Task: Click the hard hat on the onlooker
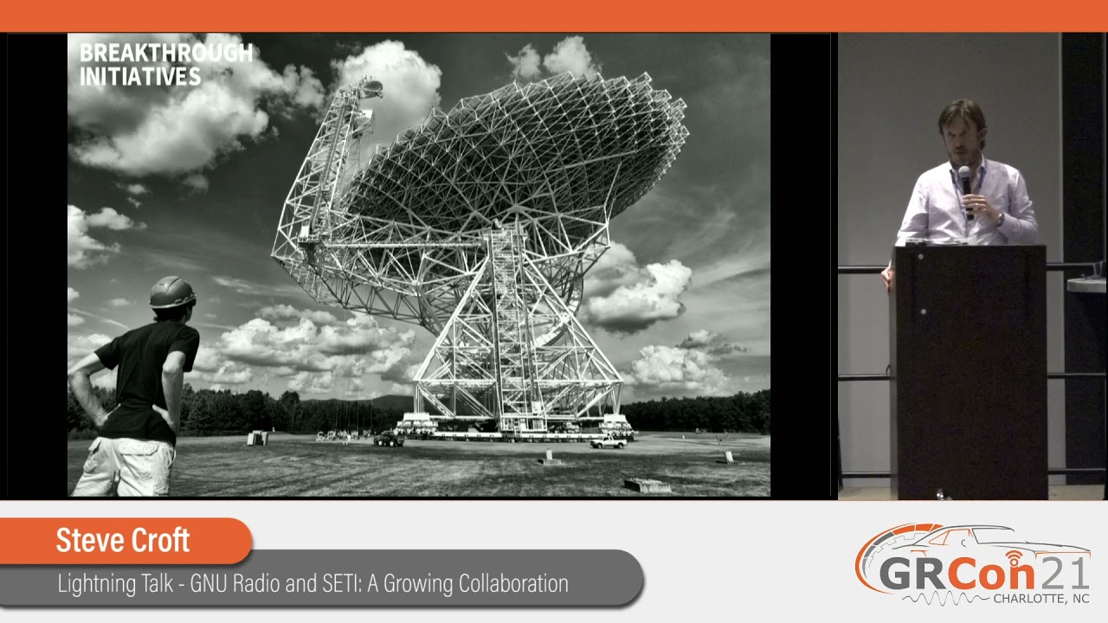tap(172, 292)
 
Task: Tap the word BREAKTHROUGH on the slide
tap(166, 54)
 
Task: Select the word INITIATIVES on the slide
tap(140, 77)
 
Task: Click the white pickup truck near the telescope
tap(609, 441)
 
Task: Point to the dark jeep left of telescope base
tap(389, 440)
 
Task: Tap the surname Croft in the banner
tap(158, 541)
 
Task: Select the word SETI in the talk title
tap(338, 583)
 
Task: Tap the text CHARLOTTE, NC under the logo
tap(1040, 599)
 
